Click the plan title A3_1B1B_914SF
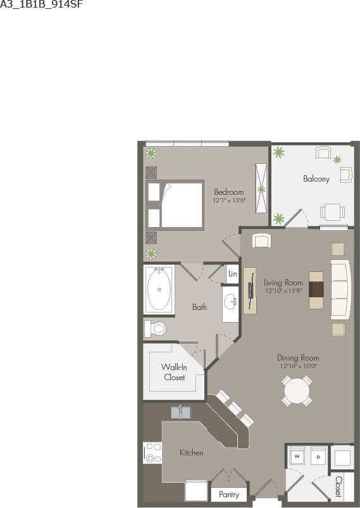41,4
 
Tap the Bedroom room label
228,192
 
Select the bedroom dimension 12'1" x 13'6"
228,201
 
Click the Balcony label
316,179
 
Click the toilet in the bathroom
155,328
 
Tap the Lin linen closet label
232,274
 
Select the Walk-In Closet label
173,372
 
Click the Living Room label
283,282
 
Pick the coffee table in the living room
316,290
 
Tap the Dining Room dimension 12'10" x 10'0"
297,366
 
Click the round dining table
297,392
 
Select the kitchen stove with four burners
152,453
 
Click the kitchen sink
181,412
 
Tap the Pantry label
228,495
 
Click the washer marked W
297,455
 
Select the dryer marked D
318,455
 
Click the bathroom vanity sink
229,302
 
